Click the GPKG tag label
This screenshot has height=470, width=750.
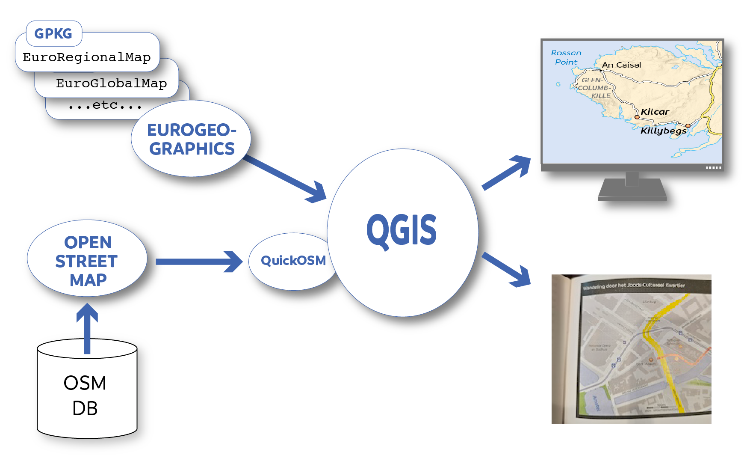tap(53, 33)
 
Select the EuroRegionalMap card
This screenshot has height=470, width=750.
tap(87, 57)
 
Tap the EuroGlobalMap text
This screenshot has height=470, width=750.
tap(111, 83)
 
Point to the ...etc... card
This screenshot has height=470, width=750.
tap(105, 105)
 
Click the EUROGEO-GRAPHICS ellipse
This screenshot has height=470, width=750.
tap(191, 139)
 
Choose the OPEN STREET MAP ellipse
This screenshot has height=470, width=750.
tap(87, 260)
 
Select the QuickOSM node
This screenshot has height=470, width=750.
tap(293, 260)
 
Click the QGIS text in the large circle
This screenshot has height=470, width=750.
tap(402, 230)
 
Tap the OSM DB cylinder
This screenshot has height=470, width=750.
tap(87, 394)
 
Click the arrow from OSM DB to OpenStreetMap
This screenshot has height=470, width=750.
tap(87, 327)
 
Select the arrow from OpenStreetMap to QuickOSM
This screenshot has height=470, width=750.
tap(199, 262)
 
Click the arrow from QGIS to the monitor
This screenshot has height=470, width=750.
tap(507, 173)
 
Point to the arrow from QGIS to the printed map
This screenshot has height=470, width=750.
tap(507, 269)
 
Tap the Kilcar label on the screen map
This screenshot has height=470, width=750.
tap(655, 112)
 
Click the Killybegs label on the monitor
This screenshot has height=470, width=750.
tap(663, 131)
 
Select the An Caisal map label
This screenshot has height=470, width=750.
tap(621, 65)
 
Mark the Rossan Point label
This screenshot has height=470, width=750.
tap(566, 57)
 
